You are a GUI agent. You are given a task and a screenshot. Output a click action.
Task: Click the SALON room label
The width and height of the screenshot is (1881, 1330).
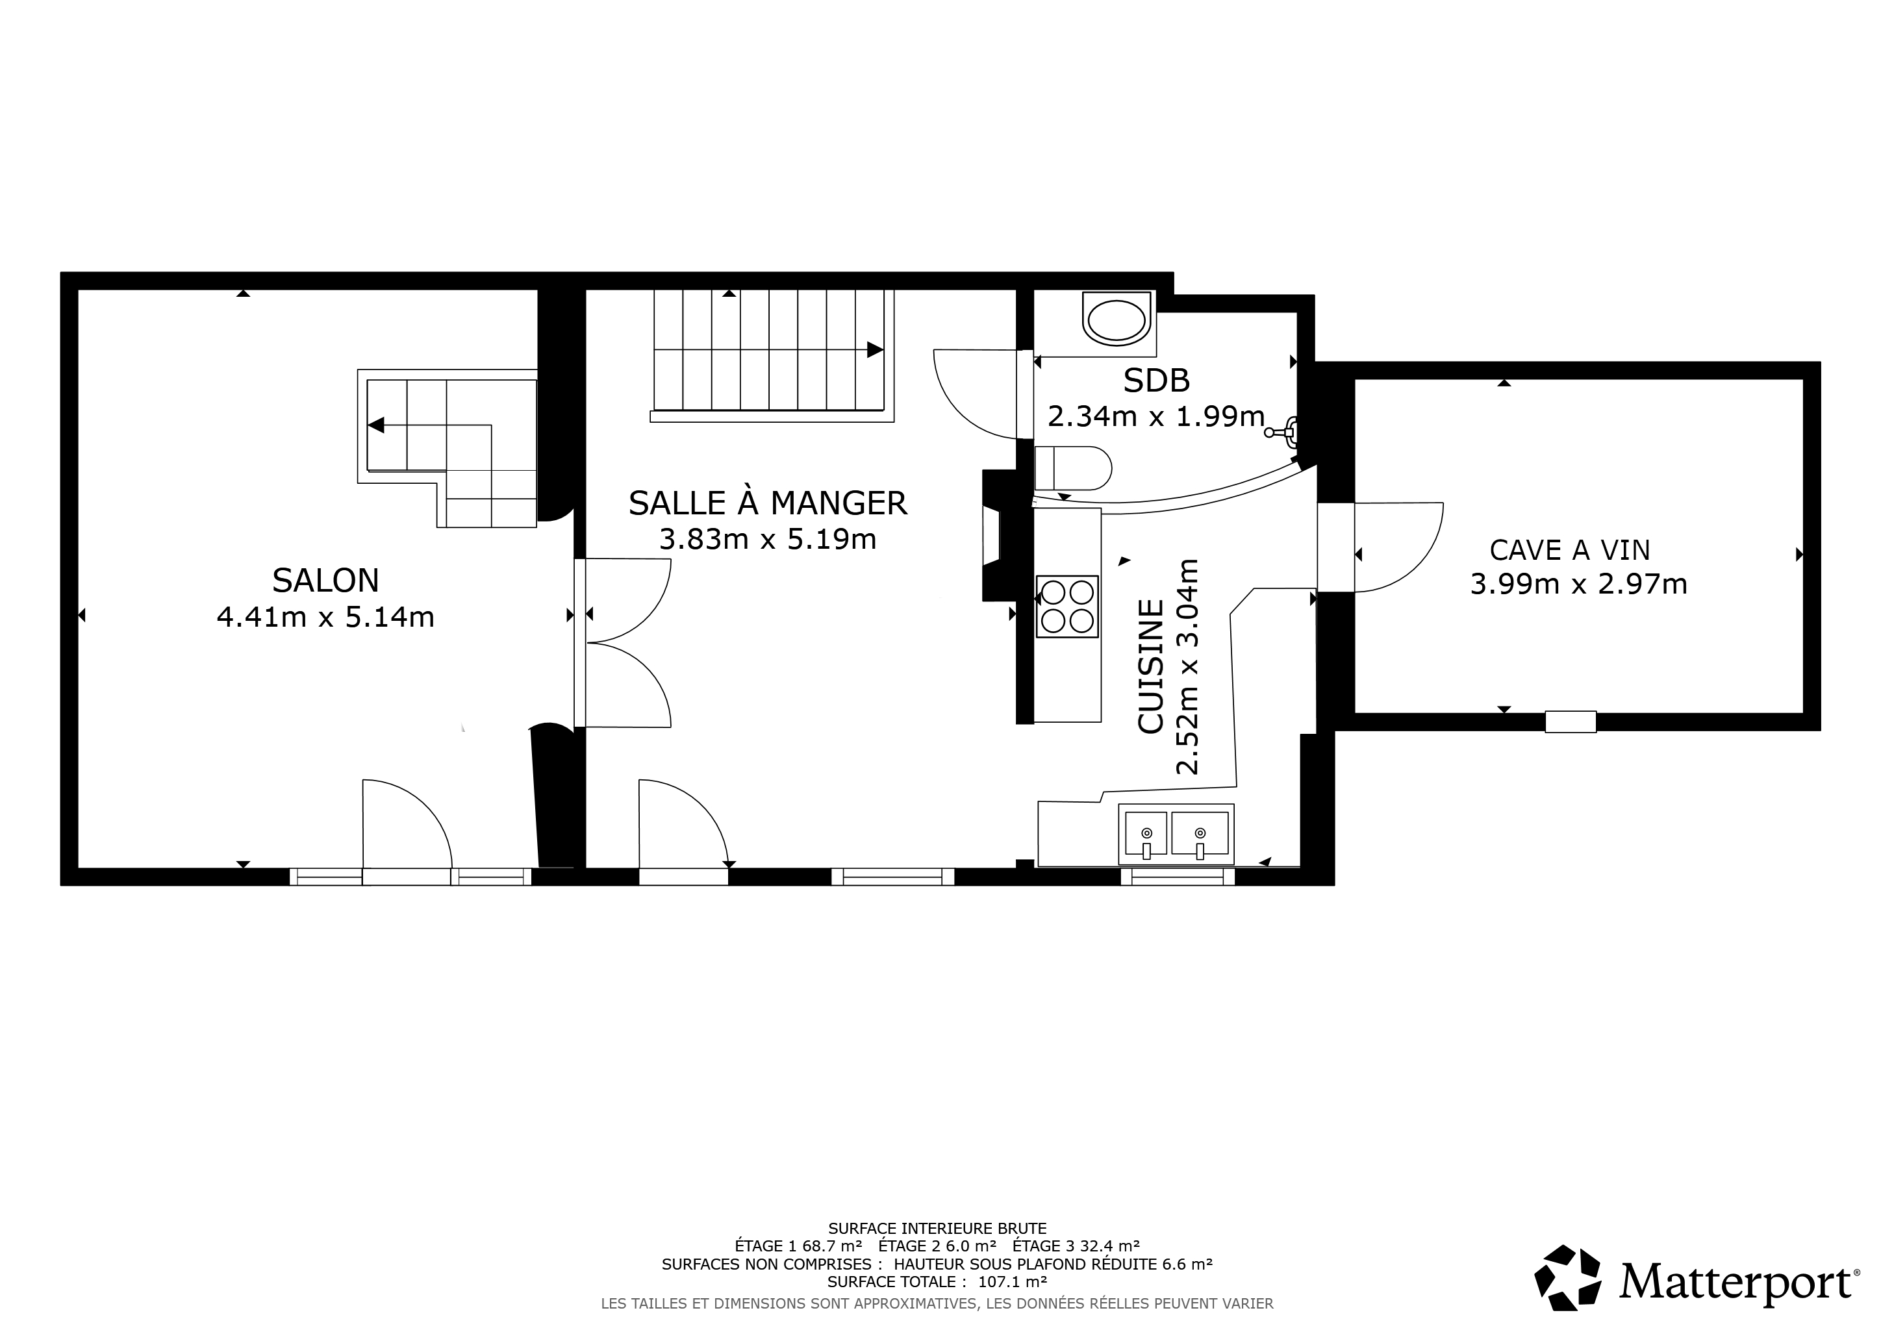(325, 581)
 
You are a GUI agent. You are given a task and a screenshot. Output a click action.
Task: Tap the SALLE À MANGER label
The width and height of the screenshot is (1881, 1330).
(768, 503)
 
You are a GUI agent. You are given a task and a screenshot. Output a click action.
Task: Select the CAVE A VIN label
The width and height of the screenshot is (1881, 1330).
(1570, 549)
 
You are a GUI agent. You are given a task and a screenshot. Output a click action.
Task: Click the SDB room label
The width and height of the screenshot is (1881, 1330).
(1156, 381)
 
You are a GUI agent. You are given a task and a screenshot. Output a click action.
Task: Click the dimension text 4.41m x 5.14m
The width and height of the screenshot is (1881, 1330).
(325, 617)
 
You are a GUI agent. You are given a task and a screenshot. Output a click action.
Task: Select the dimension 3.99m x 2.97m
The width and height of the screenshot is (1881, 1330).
(1579, 584)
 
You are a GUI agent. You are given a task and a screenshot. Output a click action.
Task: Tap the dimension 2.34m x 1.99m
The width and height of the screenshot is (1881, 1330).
(1156, 417)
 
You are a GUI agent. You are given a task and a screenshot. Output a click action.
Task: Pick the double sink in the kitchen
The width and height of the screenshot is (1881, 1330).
(1176, 834)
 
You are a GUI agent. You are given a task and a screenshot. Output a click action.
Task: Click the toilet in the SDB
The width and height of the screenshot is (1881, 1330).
(1073, 468)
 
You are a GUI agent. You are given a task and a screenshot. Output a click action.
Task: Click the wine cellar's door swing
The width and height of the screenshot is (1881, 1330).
(1398, 546)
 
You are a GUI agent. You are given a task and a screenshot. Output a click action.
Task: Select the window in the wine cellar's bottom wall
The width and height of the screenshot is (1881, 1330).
(1571, 721)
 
